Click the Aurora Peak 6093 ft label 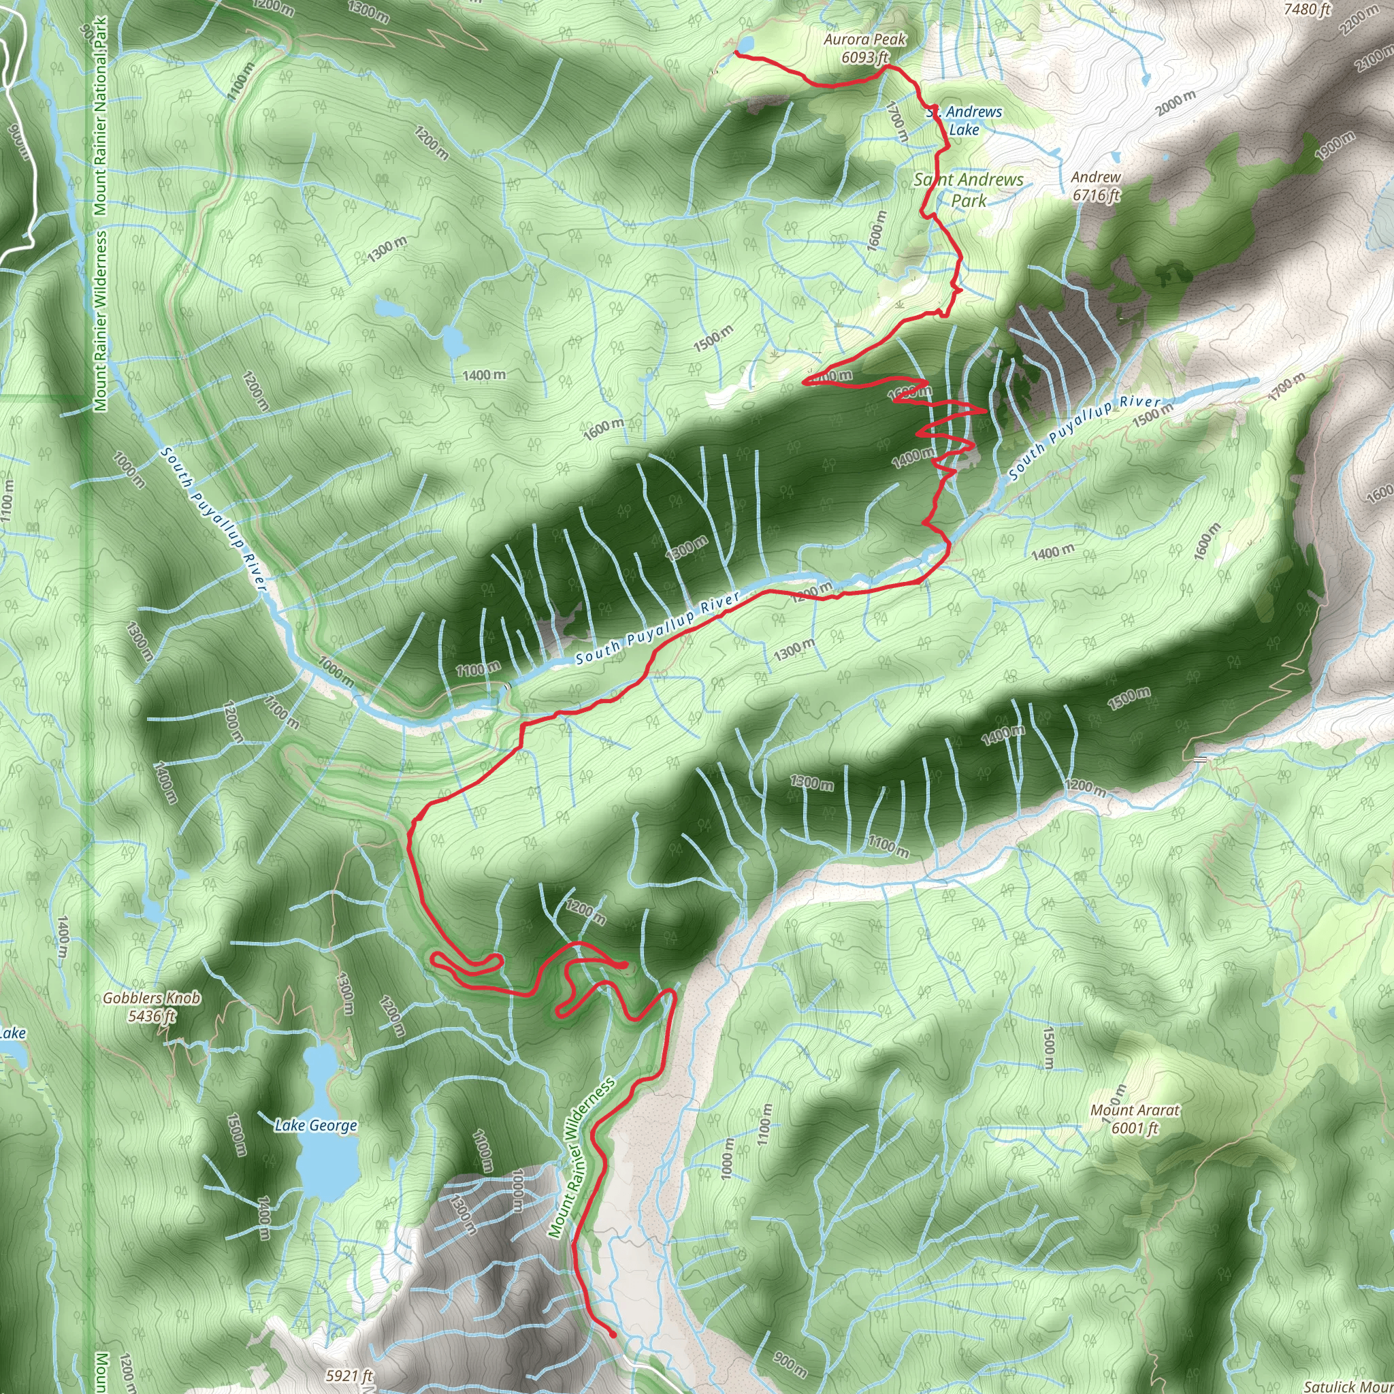864,48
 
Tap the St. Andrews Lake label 965,120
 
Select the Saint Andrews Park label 969,189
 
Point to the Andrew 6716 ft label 1095,185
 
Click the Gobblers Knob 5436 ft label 152,1007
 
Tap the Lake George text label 316,1125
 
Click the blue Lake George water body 322,1162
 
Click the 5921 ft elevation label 349,1375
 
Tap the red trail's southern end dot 613,1335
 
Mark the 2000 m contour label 1176,103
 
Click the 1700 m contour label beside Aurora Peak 897,121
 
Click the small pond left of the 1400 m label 455,340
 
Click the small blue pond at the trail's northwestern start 745,44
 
